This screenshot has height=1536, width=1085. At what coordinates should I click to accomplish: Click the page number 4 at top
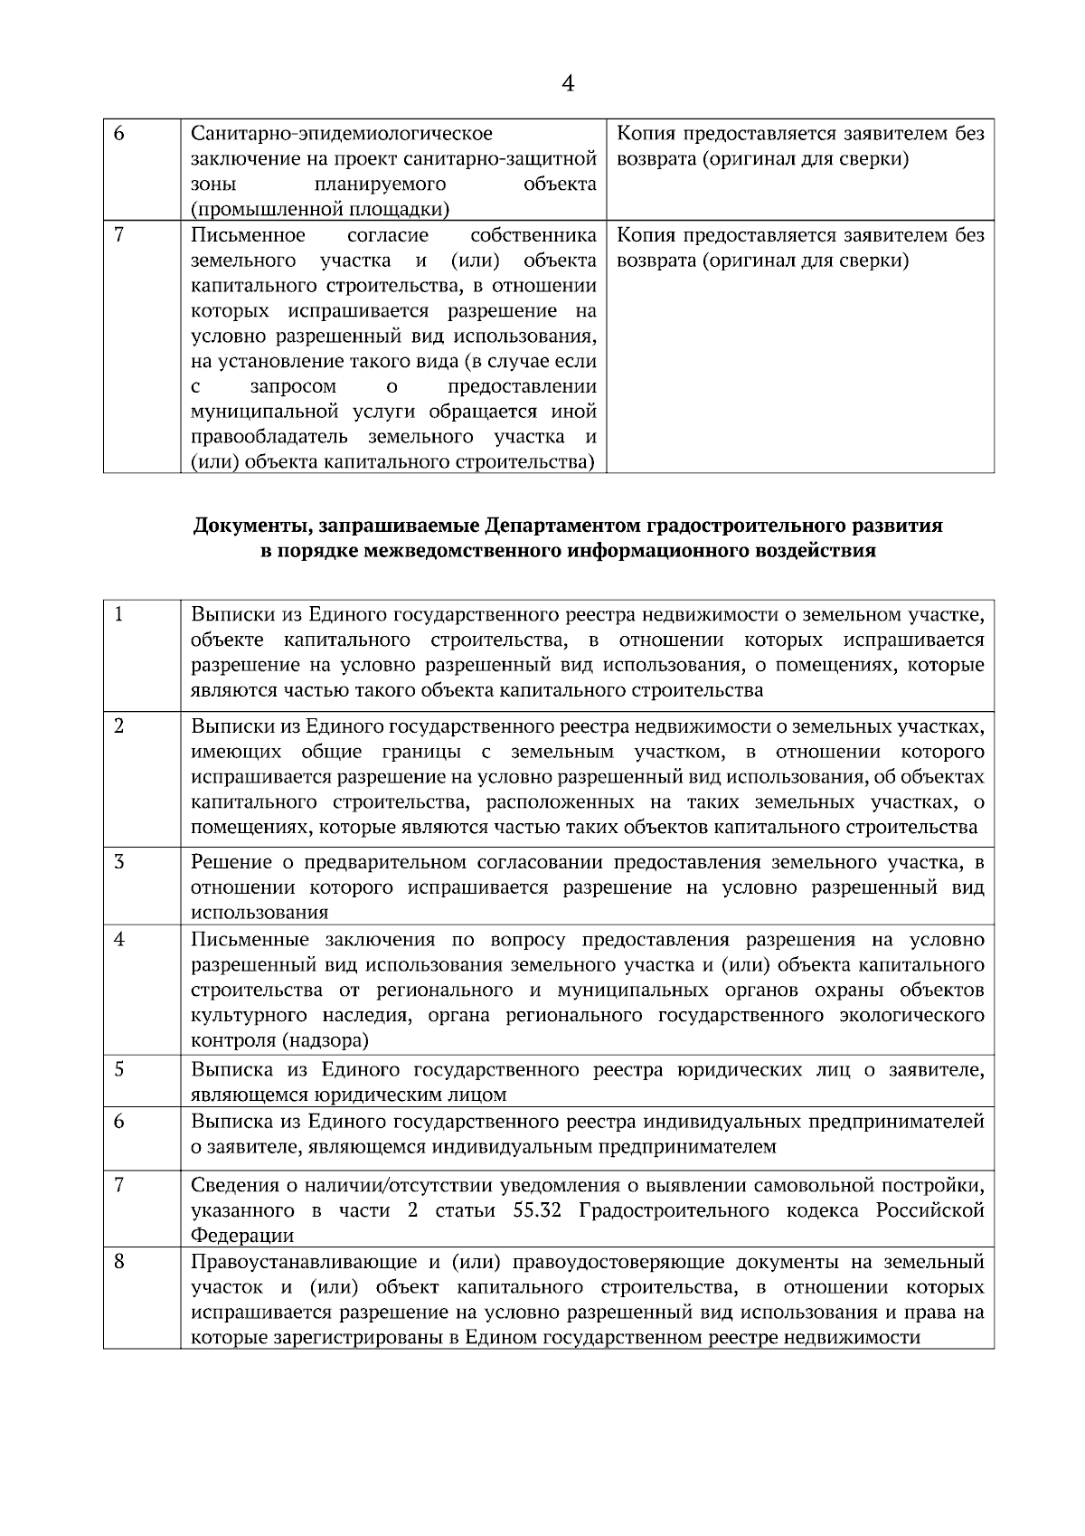pyautogui.click(x=568, y=84)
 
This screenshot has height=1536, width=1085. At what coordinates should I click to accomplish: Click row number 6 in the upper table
pyautogui.click(x=119, y=134)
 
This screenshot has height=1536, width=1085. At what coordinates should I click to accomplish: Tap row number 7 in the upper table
pyautogui.click(x=119, y=235)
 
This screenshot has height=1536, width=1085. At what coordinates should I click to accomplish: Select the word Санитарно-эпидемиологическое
pyautogui.click(x=342, y=134)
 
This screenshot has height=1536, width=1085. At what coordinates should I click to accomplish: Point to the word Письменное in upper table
pyautogui.click(x=249, y=235)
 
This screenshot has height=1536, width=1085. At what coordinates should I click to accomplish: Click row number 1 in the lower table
pyautogui.click(x=119, y=614)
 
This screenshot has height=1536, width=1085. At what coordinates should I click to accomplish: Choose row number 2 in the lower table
pyautogui.click(x=119, y=726)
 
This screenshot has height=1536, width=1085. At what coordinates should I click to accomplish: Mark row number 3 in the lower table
pyautogui.click(x=119, y=861)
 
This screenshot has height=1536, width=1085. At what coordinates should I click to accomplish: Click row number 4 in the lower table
pyautogui.click(x=119, y=939)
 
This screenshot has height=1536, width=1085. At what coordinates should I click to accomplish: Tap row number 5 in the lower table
pyautogui.click(x=119, y=1069)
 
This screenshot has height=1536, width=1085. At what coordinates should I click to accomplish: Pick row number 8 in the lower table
pyautogui.click(x=119, y=1261)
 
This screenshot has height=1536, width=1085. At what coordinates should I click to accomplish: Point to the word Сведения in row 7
pyautogui.click(x=231, y=1185)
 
